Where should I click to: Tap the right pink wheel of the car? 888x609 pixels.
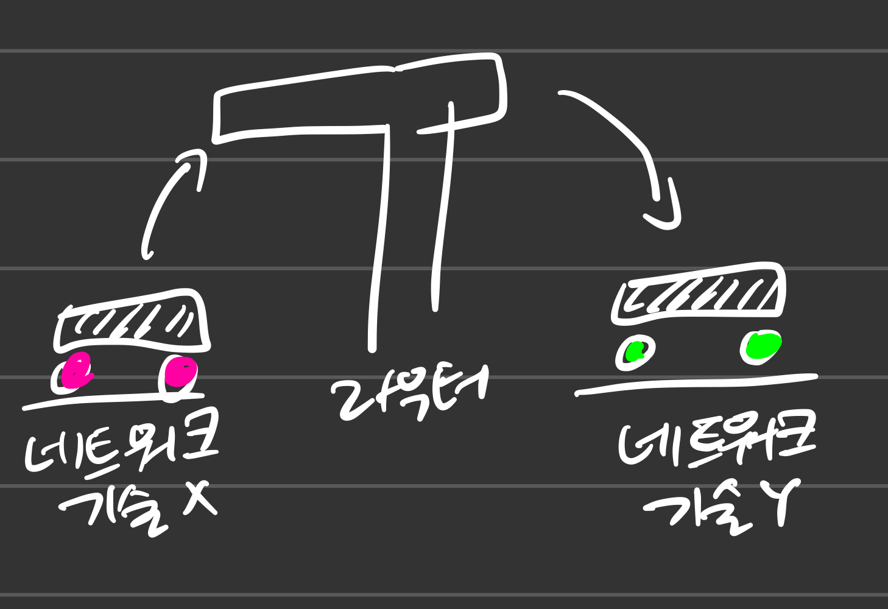coord(179,372)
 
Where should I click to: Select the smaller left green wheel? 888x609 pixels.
coord(636,352)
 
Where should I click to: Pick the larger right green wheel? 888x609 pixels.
coord(761,347)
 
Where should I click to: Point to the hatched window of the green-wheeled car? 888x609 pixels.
coord(699,294)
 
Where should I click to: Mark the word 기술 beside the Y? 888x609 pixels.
coord(700,512)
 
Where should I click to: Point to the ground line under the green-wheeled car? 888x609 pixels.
coord(694,384)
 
